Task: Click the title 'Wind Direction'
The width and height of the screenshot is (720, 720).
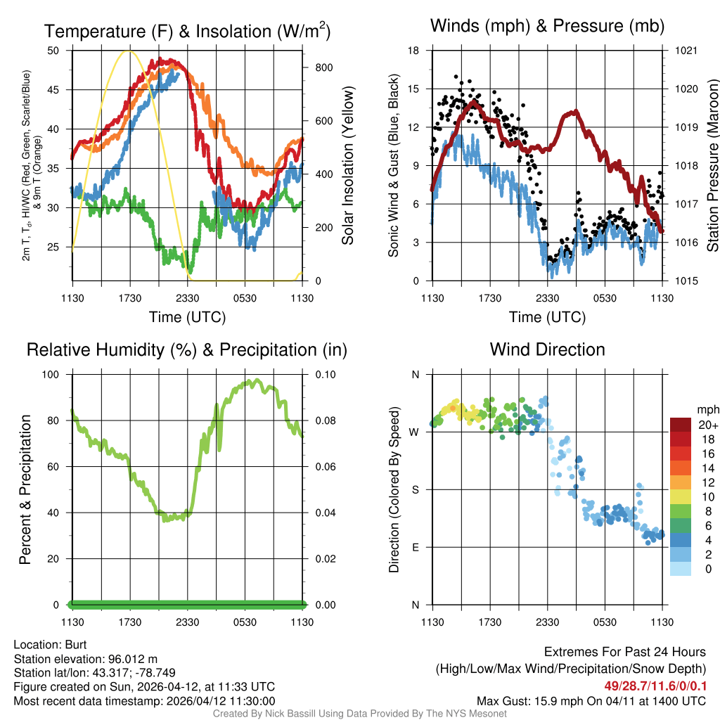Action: pyautogui.click(x=547, y=349)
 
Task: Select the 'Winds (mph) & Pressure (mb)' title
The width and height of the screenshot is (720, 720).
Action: pyautogui.click(x=547, y=27)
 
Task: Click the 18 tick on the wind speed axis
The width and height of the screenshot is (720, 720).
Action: pyautogui.click(x=415, y=51)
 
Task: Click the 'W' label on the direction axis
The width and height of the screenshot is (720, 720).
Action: pyautogui.click(x=415, y=432)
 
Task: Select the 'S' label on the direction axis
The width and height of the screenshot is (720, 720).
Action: pyautogui.click(x=415, y=489)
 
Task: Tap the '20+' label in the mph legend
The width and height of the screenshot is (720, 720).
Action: pyautogui.click(x=706, y=425)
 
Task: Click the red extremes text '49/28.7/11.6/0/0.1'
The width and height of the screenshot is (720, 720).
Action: pyautogui.click(x=655, y=686)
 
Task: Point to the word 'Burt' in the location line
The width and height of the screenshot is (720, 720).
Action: pyautogui.click(x=76, y=645)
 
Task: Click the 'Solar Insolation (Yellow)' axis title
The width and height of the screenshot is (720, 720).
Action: pyautogui.click(x=348, y=166)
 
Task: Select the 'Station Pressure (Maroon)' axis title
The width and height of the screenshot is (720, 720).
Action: pyautogui.click(x=712, y=166)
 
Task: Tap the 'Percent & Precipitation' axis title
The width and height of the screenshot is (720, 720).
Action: pyautogui.click(x=25, y=489)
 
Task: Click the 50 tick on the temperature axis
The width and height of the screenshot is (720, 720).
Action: pyautogui.click(x=53, y=51)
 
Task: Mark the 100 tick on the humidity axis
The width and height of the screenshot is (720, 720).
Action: pyautogui.click(x=51, y=374)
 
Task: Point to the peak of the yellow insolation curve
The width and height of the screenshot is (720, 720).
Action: pyautogui.click(x=127, y=51)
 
